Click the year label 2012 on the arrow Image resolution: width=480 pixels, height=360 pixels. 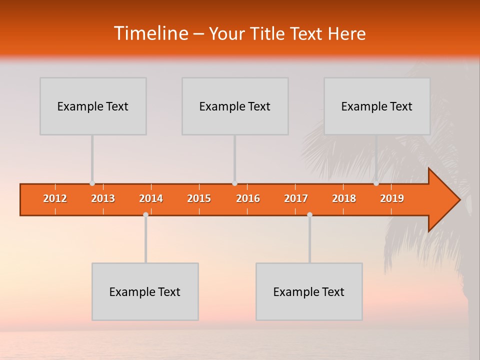(55, 198)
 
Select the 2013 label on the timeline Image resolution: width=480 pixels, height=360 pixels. (103, 198)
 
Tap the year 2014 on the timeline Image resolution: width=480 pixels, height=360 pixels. (151, 198)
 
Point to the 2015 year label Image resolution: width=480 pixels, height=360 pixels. (199, 198)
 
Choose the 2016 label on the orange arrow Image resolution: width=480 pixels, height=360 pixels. (248, 198)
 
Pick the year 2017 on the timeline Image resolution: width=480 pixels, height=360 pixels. (296, 198)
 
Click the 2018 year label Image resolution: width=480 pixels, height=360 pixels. (344, 198)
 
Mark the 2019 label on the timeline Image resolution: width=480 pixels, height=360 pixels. (392, 198)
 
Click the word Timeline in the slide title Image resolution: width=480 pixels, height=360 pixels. (150, 33)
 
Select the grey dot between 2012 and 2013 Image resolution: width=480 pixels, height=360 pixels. (92, 183)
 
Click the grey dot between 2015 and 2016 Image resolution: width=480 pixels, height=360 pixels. (234, 183)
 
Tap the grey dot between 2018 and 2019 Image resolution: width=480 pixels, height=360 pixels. (376, 183)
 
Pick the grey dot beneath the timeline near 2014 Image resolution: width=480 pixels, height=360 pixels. (145, 214)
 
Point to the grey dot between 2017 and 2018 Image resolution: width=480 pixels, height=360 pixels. (309, 214)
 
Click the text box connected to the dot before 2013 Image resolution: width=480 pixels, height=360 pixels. (93, 106)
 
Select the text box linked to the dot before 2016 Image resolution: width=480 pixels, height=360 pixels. (235, 106)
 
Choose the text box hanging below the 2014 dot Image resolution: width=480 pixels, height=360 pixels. (145, 291)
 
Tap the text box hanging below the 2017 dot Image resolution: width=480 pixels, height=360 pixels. (309, 291)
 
